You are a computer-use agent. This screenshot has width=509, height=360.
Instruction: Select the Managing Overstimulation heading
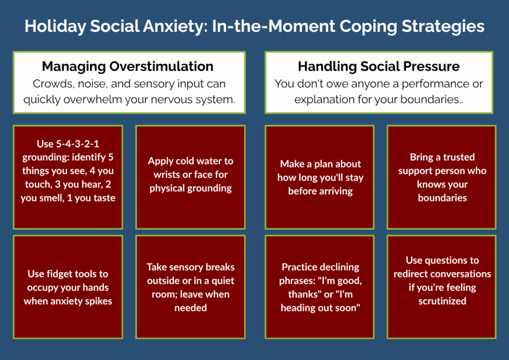128,67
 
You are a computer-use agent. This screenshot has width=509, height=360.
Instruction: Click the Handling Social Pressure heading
379,66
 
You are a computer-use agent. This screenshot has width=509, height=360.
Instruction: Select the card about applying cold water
190,177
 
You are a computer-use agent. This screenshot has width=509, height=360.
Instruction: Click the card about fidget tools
68,287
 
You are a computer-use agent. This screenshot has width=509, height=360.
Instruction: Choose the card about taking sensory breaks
190,287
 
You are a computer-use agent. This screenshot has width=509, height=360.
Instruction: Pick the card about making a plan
320,177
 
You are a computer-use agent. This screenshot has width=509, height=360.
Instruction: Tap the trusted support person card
442,177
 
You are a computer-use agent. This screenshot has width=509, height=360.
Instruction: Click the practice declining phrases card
320,287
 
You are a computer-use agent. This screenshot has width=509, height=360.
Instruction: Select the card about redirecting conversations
442,287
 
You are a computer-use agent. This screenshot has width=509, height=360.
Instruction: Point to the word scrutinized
442,301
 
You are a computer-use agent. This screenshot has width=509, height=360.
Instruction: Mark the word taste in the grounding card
105,198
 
